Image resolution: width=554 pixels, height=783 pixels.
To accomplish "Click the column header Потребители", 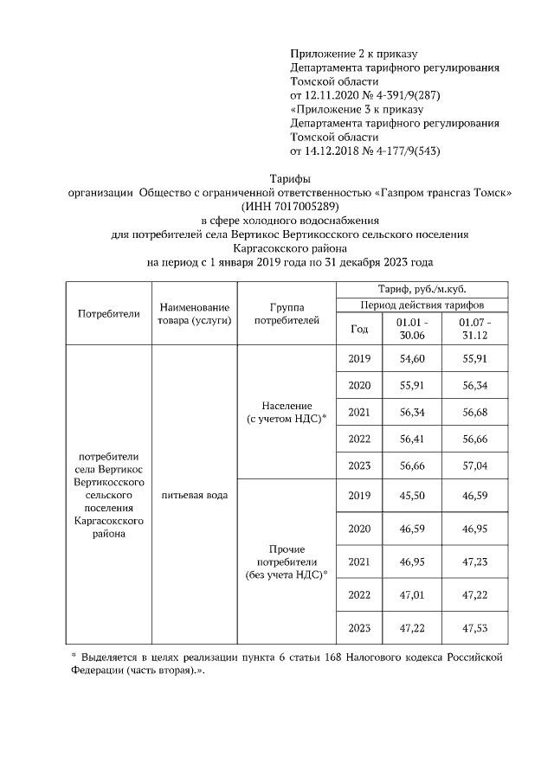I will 108,313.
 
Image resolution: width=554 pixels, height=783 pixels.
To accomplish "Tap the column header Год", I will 359,329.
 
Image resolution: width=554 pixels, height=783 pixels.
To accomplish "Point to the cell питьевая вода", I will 195,496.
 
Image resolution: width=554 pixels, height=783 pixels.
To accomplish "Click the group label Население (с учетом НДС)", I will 286,412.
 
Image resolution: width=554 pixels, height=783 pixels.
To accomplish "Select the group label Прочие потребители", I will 286,562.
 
